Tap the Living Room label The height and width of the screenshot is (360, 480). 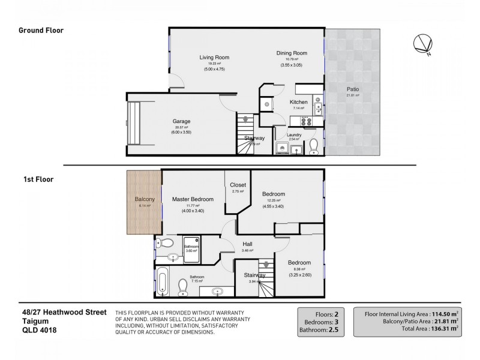(214, 58)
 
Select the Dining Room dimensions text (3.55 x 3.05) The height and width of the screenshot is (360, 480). (292, 65)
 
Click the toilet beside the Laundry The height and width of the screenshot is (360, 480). (313, 146)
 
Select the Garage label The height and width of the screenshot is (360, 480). (181, 121)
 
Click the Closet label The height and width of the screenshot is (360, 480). (238, 185)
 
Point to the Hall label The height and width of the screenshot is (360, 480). (247, 244)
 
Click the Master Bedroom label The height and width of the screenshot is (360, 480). (193, 199)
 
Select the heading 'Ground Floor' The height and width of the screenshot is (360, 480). (41, 30)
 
